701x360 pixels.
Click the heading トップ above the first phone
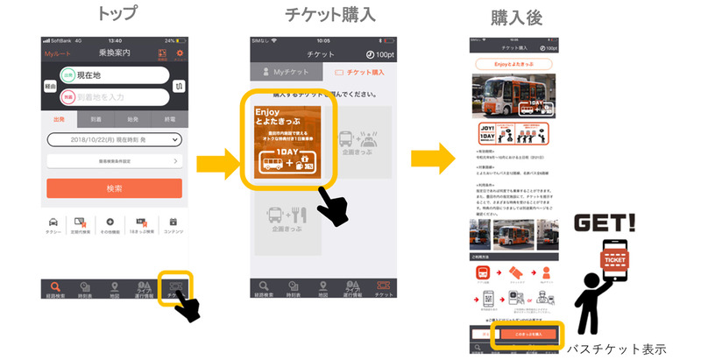(116, 16)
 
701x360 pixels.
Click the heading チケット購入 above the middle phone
(330, 15)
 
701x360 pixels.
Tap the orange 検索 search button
(114, 188)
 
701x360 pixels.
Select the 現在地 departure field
(114, 76)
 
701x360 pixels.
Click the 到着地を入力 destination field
(114, 96)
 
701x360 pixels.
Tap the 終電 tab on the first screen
(169, 120)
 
